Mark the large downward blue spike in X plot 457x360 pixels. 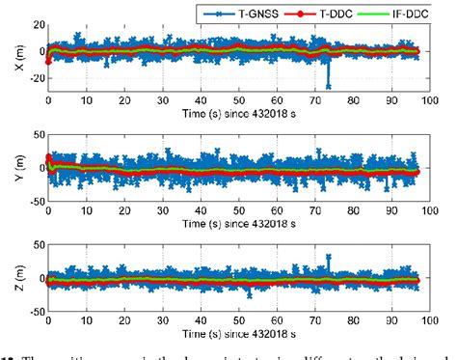pos(329,85)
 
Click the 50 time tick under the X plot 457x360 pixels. pos(238,99)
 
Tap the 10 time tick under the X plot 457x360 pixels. pos(87,99)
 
